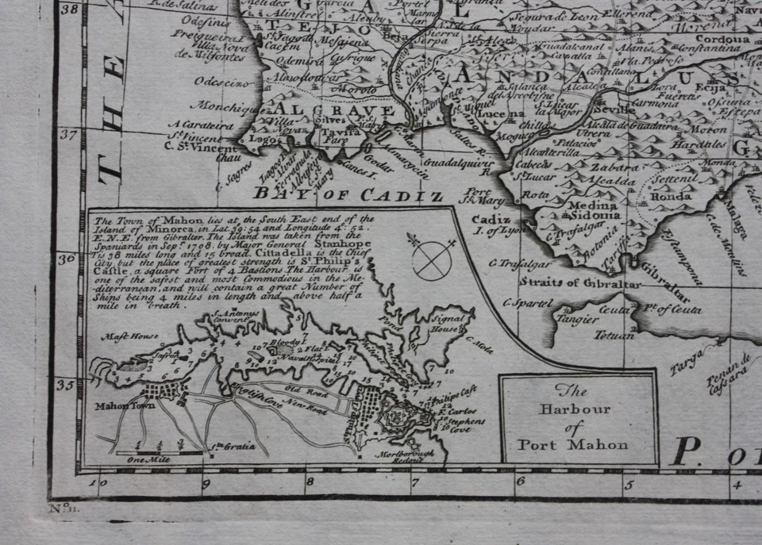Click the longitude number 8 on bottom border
click(x=309, y=479)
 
